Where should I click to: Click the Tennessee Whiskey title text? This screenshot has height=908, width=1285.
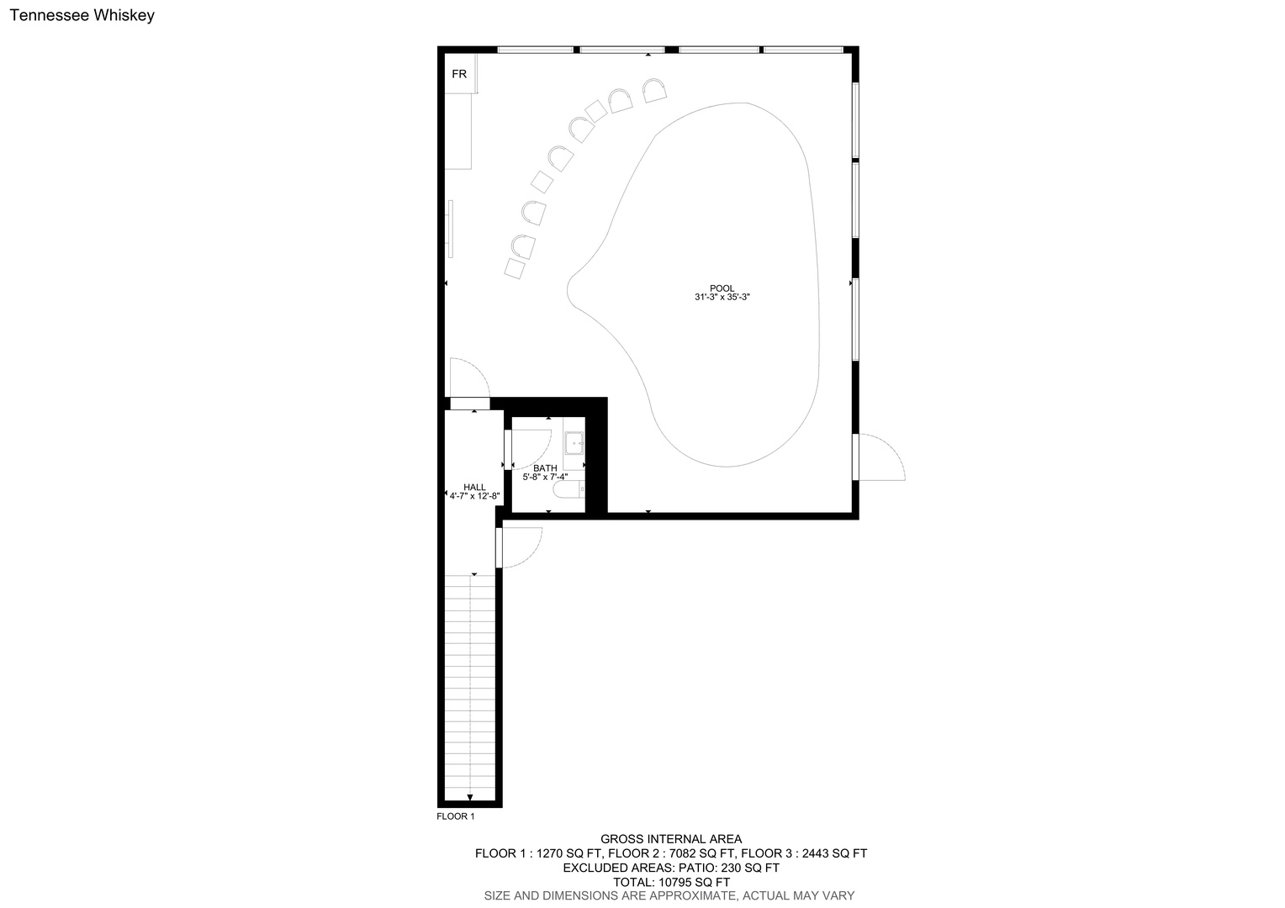(82, 15)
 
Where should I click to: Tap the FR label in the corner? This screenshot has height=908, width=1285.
(459, 74)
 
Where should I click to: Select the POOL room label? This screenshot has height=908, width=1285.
(722, 288)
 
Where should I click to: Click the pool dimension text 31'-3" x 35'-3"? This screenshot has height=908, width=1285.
(722, 297)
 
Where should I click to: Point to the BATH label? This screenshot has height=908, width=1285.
(545, 468)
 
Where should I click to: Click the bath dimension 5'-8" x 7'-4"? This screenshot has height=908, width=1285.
(545, 477)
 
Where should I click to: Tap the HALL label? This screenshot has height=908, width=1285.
(474, 487)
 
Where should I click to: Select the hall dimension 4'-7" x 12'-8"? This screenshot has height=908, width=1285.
(474, 496)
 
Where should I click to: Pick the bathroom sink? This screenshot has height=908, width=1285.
(574, 443)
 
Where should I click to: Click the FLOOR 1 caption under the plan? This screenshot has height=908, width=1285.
(456, 816)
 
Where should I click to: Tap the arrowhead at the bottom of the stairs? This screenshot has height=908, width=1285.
(470, 797)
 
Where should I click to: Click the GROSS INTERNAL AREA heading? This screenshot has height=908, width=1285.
(670, 839)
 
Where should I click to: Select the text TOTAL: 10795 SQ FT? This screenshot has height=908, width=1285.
(671, 882)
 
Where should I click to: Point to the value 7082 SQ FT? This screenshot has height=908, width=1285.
(702, 853)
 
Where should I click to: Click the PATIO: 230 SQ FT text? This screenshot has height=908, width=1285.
(728, 868)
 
